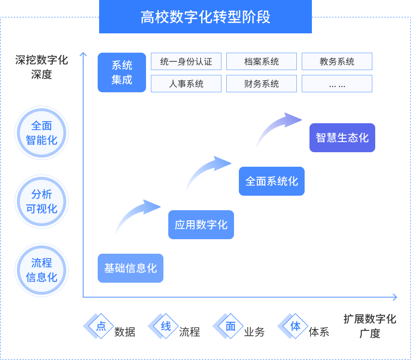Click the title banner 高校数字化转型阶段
coord(205,17)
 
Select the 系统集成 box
coord(122,72)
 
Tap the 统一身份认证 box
coord(186,61)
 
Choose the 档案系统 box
coord(262,61)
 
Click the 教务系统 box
coord(337,61)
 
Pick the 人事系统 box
coord(186,84)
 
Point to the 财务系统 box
coord(262,84)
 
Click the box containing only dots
coord(337,84)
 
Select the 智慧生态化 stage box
coord(342,138)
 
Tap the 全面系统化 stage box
coord(272,181)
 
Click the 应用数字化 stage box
coord(201,225)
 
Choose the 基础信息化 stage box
coord(131,268)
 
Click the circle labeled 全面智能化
coord(42,133)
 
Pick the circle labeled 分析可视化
coord(42,202)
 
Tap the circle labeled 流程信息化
coord(42,270)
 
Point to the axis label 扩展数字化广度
coord(370,326)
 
